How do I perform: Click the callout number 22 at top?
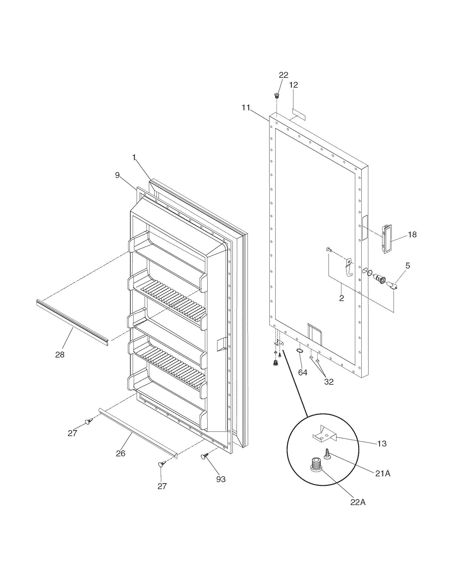(284, 75)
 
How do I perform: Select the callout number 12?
(293, 85)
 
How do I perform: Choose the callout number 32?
(329, 381)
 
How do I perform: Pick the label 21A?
(383, 474)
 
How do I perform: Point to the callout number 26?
(120, 453)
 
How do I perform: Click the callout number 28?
(60, 355)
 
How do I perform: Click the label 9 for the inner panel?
(117, 175)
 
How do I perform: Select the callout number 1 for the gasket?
(134, 158)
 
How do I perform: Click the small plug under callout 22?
(276, 95)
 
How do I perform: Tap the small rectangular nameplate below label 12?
(299, 114)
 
